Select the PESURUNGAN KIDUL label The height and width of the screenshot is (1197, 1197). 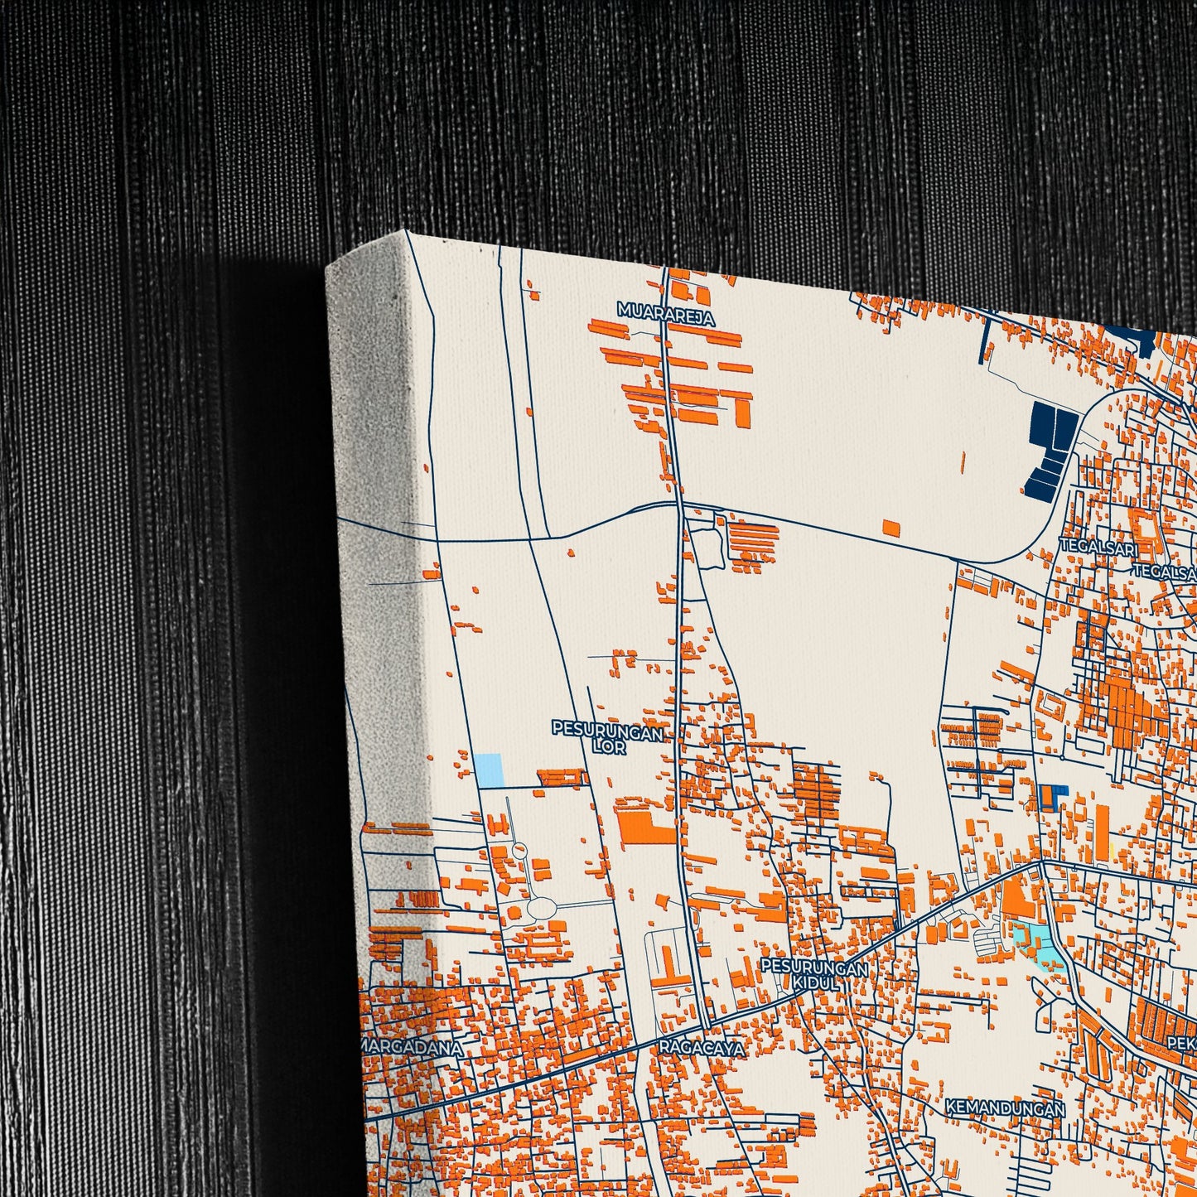coord(814,974)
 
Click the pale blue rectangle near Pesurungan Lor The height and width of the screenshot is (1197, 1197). coord(488,770)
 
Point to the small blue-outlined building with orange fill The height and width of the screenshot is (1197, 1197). coord(1050,797)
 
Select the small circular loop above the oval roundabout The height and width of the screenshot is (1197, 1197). coord(519,850)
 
